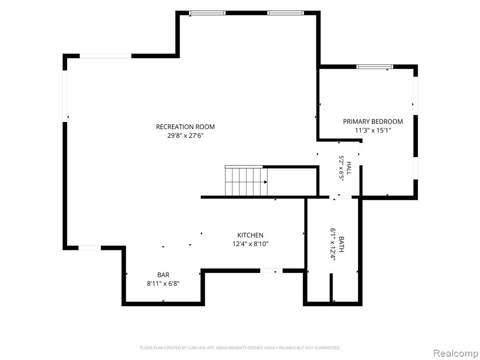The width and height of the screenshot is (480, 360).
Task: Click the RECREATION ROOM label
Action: coord(185,127)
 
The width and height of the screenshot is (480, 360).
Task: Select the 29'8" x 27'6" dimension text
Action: coord(185,135)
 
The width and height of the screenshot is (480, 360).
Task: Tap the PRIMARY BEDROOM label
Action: coord(373,121)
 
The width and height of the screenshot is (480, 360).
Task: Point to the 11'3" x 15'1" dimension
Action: coord(373,130)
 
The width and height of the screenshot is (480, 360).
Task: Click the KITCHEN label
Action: coord(250,235)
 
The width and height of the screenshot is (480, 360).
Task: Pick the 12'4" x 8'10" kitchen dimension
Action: coord(250,244)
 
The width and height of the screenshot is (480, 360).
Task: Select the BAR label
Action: coord(163,275)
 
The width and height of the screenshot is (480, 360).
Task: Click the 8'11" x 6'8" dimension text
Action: coord(163,284)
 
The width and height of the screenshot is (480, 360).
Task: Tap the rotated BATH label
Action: coord(342,244)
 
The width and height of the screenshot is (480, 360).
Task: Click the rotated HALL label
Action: coord(349,168)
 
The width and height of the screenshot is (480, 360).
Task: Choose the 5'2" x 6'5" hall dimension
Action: coord(341,168)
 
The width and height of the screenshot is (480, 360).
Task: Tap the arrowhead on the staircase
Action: coord(266,182)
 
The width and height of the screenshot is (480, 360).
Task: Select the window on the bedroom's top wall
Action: coord(375,67)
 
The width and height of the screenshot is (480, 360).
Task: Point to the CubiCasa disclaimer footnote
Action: coord(240,348)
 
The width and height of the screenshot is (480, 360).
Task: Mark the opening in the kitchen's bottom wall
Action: coord(271,270)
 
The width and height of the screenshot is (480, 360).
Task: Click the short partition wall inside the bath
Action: coord(331,288)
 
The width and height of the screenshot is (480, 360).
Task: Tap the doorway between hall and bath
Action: coord(340,197)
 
